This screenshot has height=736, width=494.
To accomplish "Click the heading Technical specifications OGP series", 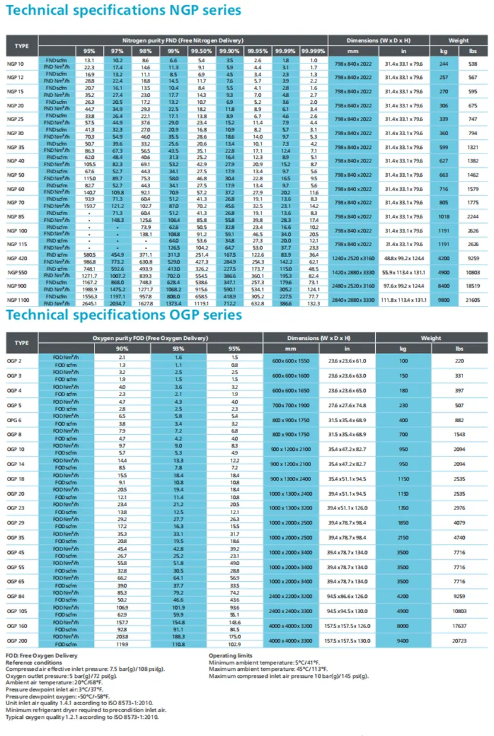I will click(x=124, y=314).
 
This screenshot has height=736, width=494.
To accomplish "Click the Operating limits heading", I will click(x=230, y=655).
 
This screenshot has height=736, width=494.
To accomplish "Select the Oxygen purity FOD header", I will click(x=150, y=338).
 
